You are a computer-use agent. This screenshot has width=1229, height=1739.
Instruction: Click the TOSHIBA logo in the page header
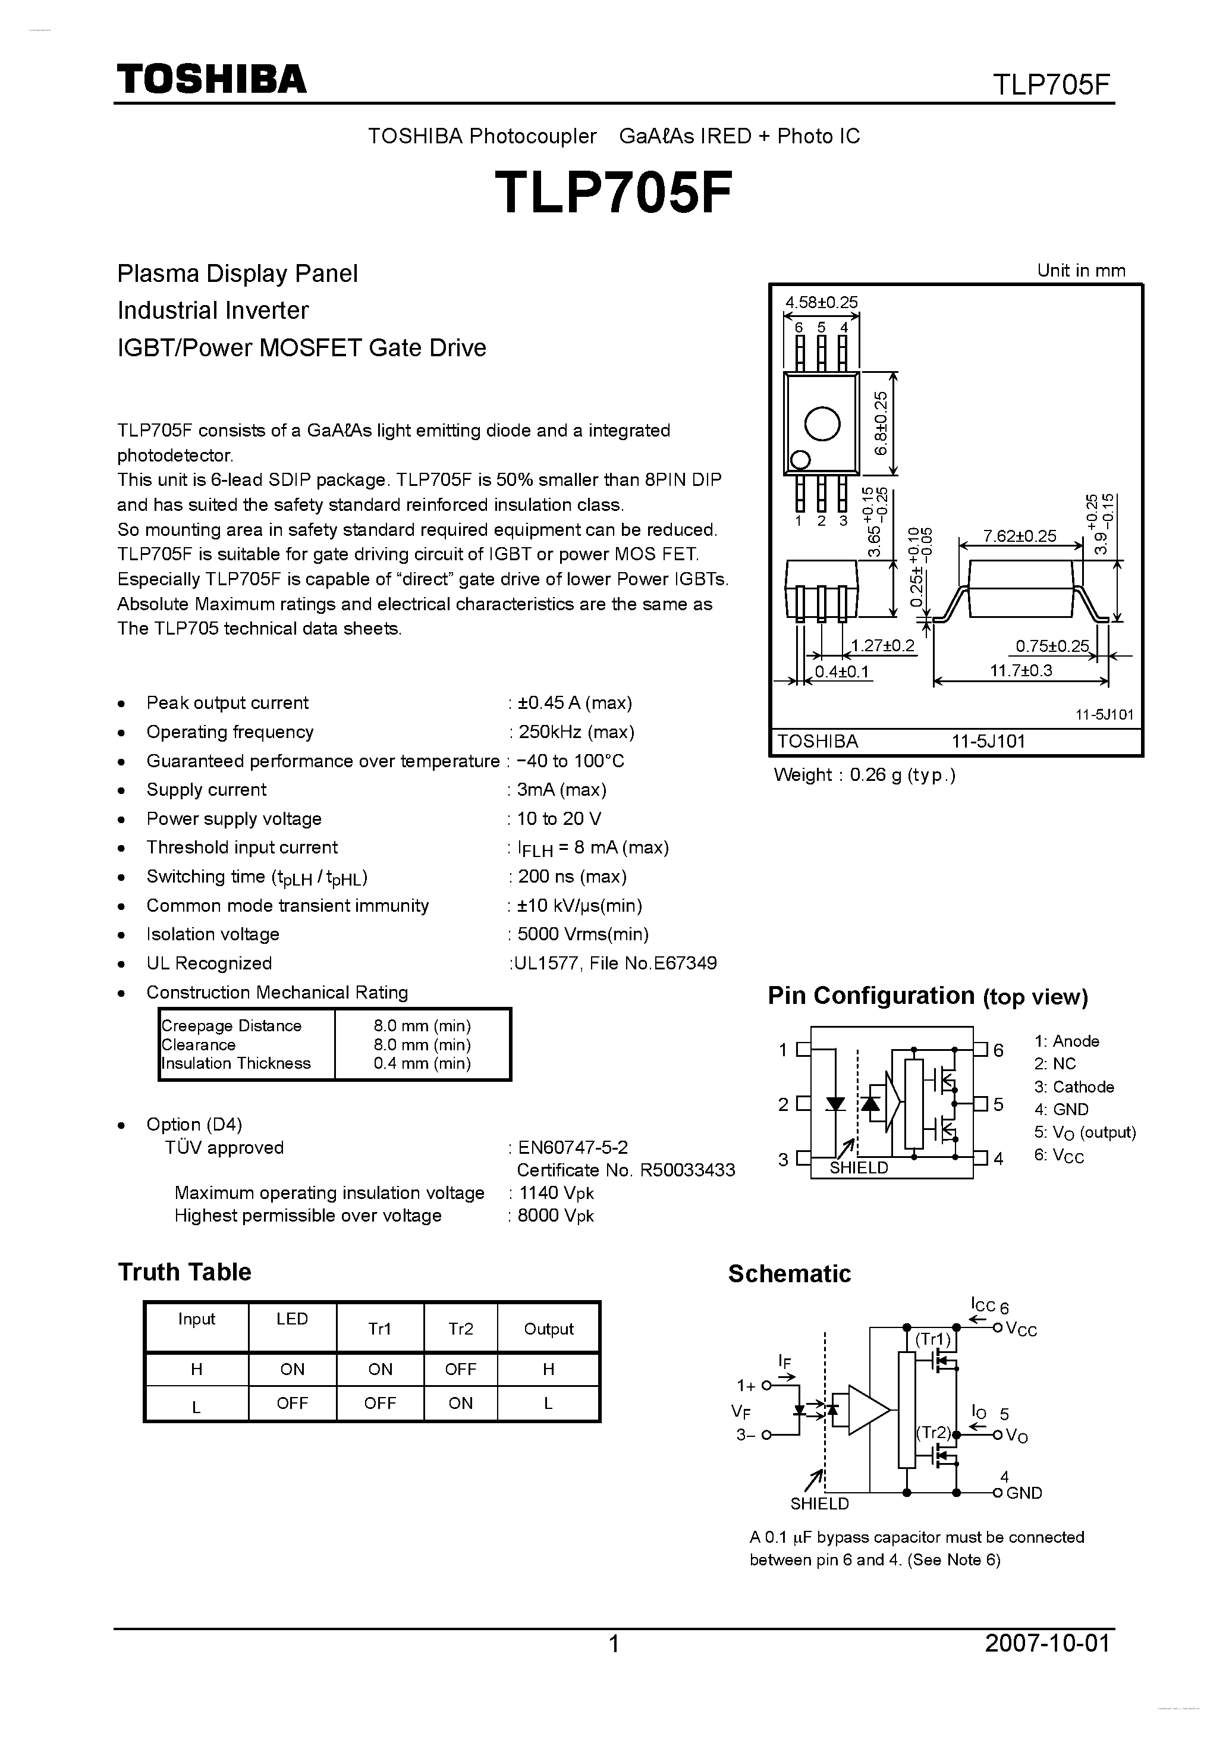(x=211, y=79)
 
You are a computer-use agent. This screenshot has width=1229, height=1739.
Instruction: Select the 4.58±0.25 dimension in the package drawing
(x=821, y=302)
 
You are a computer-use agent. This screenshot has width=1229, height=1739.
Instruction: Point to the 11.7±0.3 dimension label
(x=1021, y=670)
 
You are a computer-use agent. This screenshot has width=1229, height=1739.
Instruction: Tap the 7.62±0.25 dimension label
(x=1019, y=536)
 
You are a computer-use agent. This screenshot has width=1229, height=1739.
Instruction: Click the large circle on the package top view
(x=822, y=424)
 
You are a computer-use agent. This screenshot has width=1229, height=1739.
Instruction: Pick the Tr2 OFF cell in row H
(x=460, y=1370)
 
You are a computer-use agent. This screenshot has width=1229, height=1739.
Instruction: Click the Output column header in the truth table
(x=548, y=1329)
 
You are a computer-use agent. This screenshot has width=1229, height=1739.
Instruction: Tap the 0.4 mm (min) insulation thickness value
(x=422, y=1063)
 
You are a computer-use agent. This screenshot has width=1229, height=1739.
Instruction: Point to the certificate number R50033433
(x=687, y=1170)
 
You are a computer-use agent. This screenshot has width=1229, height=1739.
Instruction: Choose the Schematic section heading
(x=789, y=1274)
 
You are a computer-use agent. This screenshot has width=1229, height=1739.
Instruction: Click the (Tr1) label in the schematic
(x=933, y=1339)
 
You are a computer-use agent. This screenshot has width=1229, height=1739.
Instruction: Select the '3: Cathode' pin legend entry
(x=1074, y=1087)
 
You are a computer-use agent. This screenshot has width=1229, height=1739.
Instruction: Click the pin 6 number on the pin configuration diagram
(x=998, y=1050)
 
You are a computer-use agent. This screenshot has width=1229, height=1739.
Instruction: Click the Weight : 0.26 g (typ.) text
(x=864, y=775)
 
